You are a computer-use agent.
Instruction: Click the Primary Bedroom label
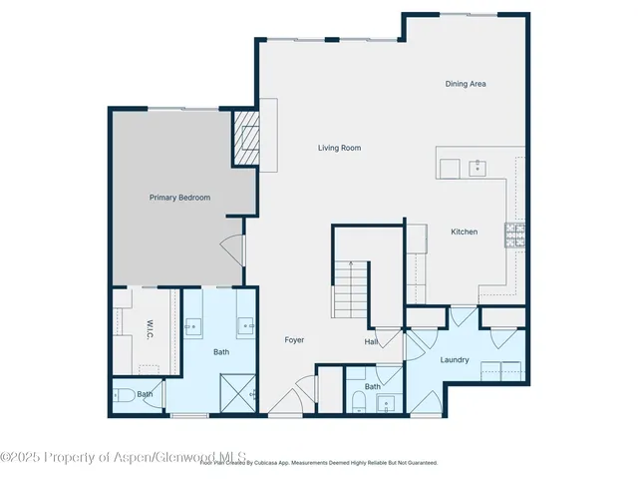179,198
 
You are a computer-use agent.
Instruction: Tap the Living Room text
339,148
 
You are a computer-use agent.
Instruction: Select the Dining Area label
466,84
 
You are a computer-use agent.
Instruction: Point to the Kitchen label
465,232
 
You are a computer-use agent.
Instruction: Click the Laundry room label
455,359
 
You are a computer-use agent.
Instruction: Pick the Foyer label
294,340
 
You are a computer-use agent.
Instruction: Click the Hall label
371,342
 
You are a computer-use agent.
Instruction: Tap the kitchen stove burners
515,235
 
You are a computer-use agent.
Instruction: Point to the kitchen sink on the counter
477,167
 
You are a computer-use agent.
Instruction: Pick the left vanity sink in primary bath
193,326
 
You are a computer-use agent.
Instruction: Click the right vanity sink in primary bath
245,326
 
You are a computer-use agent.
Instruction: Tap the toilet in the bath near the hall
359,401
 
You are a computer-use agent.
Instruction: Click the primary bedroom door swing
231,248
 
